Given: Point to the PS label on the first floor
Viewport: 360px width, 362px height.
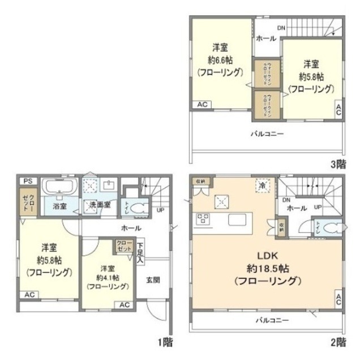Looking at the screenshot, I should click(x=27, y=180).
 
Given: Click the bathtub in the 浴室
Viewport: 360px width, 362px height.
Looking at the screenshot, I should click(x=59, y=188).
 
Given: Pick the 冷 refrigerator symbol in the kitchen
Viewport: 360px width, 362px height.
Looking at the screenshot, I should click(x=262, y=184).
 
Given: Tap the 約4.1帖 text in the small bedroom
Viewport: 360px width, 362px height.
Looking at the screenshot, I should click(x=106, y=277).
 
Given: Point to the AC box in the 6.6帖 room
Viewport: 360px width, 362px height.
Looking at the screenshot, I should click(x=202, y=105).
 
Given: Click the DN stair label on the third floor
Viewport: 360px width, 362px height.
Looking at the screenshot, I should click(x=281, y=28).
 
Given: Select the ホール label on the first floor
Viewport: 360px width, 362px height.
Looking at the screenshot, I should click(x=131, y=228).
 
